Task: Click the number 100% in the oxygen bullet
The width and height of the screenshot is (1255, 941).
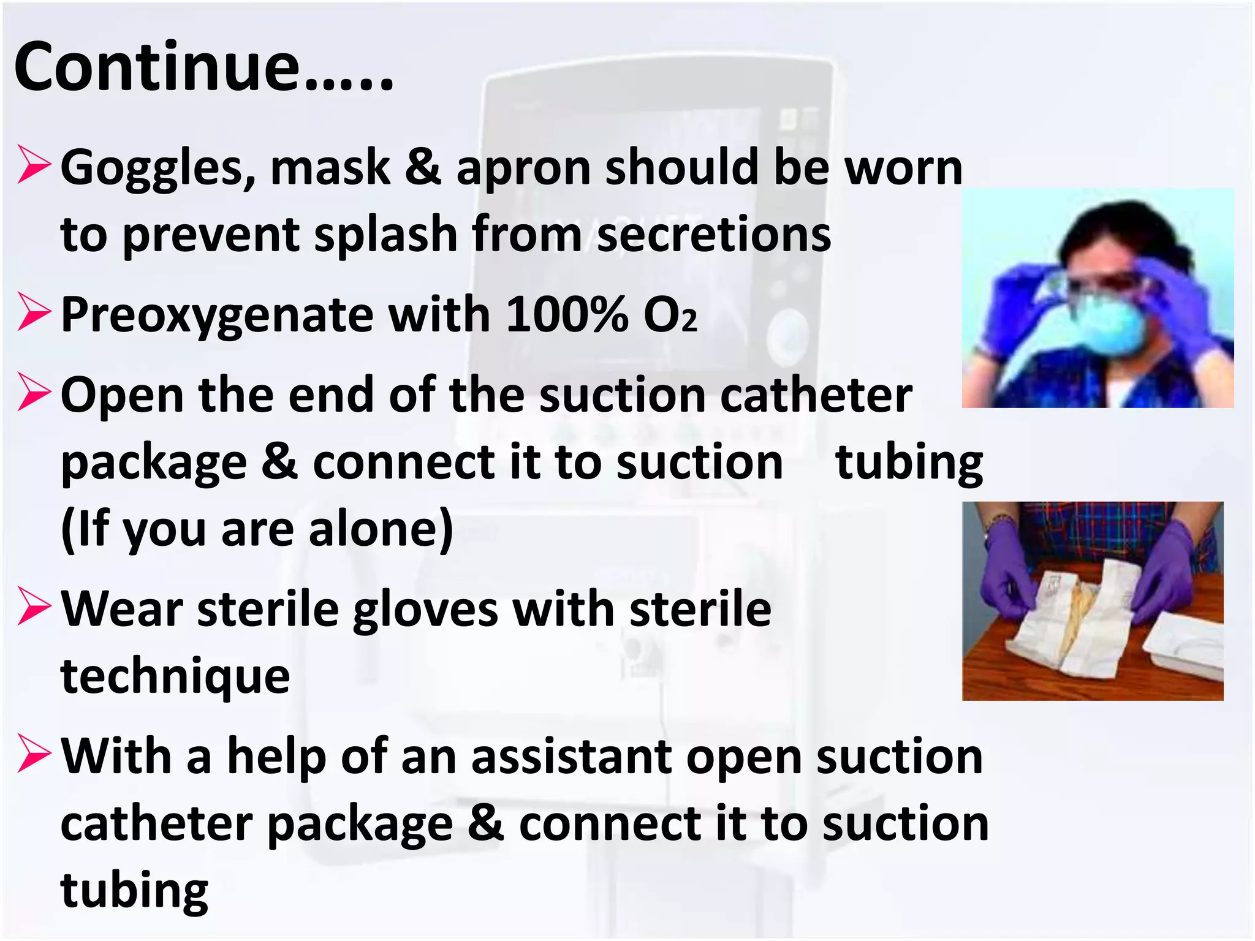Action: click(567, 315)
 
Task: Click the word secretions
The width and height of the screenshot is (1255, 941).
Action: click(714, 235)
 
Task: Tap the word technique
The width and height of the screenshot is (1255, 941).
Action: click(175, 677)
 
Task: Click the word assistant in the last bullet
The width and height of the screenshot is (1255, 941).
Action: click(571, 757)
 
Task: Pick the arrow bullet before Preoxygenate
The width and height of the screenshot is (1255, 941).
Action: click(34, 312)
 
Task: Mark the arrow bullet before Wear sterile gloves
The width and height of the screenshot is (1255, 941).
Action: click(34, 606)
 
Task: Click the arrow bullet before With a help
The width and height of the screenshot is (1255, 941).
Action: click(34, 753)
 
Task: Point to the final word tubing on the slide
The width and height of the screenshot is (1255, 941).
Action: click(134, 891)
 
